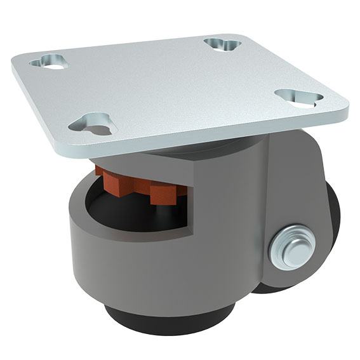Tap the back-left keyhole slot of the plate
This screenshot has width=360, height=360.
click(x=48, y=62)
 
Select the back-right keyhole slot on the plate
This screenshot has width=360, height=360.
click(x=223, y=44)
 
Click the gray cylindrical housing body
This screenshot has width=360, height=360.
click(x=159, y=267)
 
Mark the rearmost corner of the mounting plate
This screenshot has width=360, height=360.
click(x=235, y=35)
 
